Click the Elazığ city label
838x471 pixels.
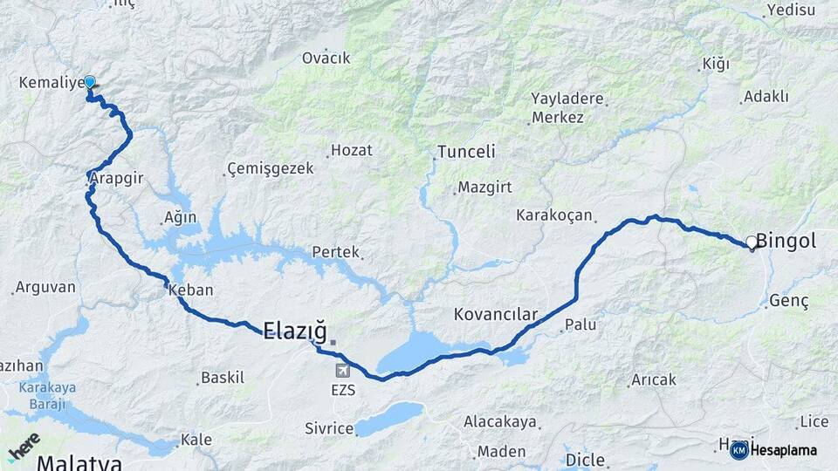pos(294,331)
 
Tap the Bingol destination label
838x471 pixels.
pos(786,241)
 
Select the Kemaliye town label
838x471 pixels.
pos(51,83)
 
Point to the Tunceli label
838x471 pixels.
pos(466,152)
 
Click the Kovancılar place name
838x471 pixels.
pos(496,314)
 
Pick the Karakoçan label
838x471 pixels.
pos(554,215)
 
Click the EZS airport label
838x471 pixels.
pos(343,390)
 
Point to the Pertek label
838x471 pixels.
pos(336,252)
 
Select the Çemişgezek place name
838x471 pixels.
pos(270,168)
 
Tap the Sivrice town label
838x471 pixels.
pos(328,428)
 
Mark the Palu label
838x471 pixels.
pos(580,324)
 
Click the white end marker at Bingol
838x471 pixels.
pos(752,242)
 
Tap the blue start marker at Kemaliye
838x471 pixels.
pos(89,81)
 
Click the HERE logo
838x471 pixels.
pos(24,446)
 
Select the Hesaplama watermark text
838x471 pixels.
pos(783,450)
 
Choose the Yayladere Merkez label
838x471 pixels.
pos(567,107)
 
